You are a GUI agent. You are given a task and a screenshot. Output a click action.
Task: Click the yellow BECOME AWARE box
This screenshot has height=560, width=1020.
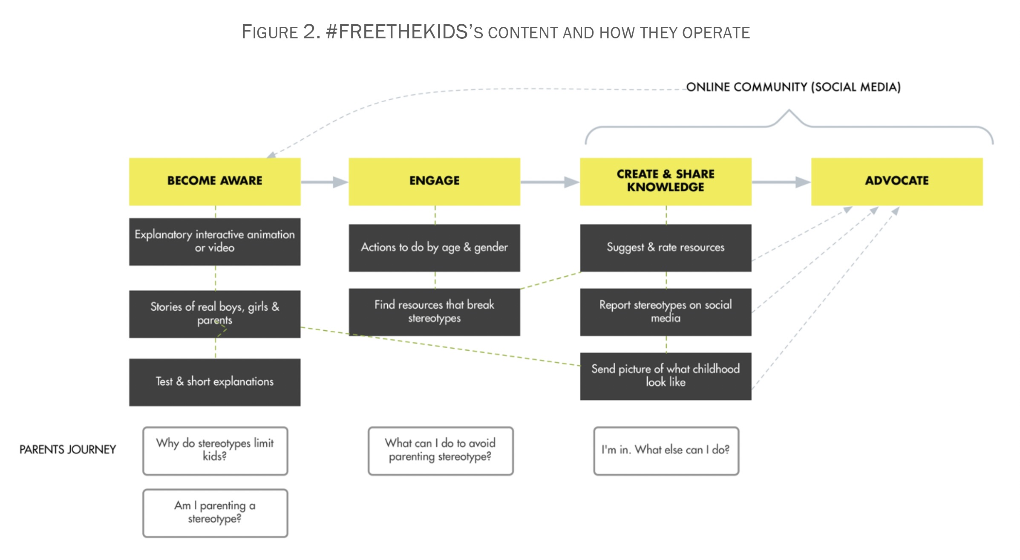pos(215,181)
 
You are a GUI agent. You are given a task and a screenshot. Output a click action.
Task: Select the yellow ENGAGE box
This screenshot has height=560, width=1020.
pos(434,181)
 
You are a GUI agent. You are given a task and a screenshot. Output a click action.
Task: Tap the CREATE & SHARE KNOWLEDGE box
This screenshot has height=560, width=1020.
pos(665,181)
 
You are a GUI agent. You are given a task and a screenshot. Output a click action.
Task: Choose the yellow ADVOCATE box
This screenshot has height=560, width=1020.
pos(896,181)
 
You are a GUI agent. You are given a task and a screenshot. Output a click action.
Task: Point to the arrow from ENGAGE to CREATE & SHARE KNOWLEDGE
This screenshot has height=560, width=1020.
pos(550,182)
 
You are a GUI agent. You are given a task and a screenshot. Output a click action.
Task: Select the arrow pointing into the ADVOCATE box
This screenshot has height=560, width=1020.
pos(781,182)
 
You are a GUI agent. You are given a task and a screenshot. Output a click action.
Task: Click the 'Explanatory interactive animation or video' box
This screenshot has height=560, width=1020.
pos(215,242)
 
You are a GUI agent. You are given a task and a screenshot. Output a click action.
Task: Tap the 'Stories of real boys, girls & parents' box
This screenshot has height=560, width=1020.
pos(215,314)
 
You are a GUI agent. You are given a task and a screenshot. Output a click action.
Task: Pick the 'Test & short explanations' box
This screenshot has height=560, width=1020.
pos(215,382)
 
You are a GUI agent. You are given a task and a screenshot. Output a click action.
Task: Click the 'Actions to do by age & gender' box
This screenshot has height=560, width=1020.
pos(434,248)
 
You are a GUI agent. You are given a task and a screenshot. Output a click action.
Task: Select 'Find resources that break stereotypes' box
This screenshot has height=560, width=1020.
pos(434,312)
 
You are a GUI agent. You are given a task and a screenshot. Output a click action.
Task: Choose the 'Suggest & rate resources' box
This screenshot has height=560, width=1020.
pos(665,248)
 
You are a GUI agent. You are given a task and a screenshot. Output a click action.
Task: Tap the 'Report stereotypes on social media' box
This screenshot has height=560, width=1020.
pos(665,312)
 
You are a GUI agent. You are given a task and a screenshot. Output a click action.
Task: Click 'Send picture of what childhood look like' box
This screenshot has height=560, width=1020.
pos(665,376)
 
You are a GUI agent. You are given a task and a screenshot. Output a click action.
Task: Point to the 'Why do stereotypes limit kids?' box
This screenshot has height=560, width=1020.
pos(215,450)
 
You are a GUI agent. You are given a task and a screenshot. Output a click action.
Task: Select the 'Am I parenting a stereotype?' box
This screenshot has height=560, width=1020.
pos(215,513)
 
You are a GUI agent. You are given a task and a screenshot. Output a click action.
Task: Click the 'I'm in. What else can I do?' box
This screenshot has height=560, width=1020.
pos(666,450)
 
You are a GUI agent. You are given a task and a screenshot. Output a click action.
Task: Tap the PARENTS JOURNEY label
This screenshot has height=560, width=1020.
pos(68,450)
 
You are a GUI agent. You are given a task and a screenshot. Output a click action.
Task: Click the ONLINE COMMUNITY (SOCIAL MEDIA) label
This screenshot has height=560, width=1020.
pos(793,87)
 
